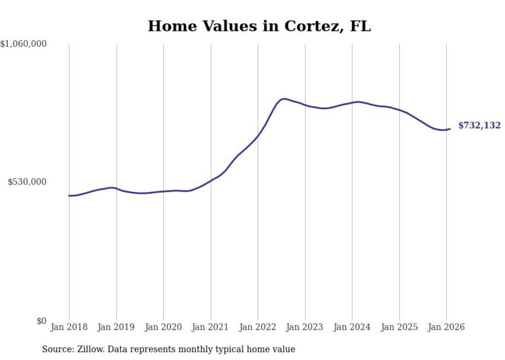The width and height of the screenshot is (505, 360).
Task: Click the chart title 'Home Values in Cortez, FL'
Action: click(259, 26)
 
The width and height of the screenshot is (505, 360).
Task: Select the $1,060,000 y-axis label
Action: click(24, 44)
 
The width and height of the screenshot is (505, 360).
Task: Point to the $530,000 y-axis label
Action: click(27, 182)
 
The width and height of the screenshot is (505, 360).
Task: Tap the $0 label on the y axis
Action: click(41, 321)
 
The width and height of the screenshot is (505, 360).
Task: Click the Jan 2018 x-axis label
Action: click(69, 327)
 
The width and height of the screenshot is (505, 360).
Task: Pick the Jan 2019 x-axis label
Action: click(116, 327)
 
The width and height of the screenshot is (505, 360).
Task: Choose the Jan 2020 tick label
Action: click(163, 327)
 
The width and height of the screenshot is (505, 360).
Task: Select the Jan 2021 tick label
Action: click(211, 327)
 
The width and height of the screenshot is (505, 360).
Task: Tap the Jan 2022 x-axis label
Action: click(258, 327)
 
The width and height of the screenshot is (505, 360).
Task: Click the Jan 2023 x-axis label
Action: click(305, 327)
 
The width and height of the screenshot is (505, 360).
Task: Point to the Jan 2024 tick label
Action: click(352, 327)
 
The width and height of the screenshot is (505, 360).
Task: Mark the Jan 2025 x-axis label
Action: click(399, 327)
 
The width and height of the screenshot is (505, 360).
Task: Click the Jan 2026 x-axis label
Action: click(446, 327)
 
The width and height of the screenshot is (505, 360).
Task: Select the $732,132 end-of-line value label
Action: click(479, 126)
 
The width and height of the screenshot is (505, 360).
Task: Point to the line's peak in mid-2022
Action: click(284, 98)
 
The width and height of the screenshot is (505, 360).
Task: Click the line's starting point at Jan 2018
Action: click(69, 196)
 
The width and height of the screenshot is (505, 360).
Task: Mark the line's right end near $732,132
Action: click(450, 129)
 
